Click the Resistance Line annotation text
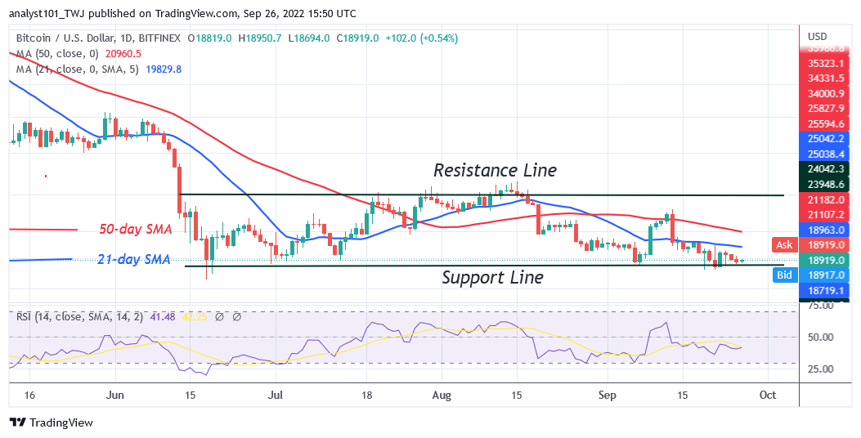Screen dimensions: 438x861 pos(495,170)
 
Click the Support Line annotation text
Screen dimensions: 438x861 pos(492,277)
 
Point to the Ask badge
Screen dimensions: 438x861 pos(783,244)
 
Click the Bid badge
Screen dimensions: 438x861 pos(783,275)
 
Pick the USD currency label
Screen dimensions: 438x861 pos(818,37)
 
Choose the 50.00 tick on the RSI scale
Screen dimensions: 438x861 pos(819,337)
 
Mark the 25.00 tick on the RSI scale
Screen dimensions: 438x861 pos(819,369)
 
